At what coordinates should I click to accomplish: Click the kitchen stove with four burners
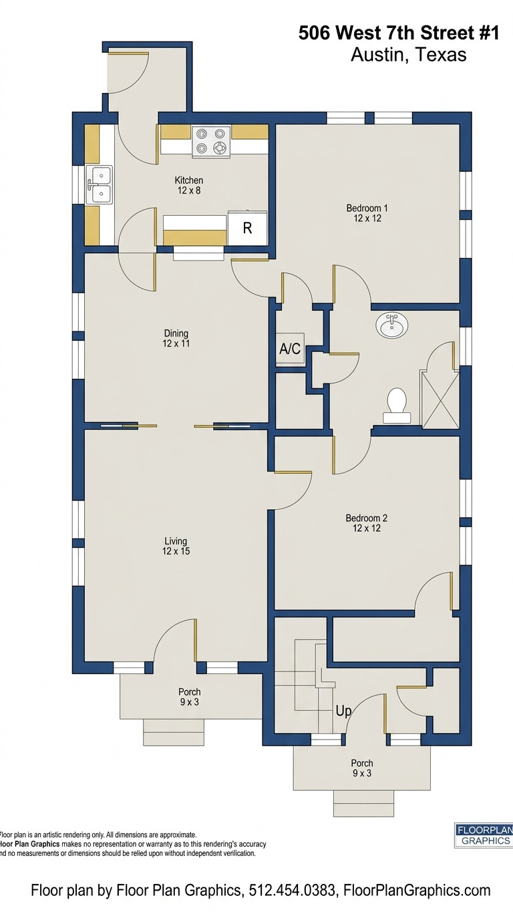(x=211, y=142)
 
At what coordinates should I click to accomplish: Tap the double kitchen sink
(x=99, y=185)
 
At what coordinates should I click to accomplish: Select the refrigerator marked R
(x=247, y=228)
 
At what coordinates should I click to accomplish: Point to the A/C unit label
(x=290, y=348)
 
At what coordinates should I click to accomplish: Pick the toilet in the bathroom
(x=397, y=404)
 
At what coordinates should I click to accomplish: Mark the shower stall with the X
(x=439, y=399)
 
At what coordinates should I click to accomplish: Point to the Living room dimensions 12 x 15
(x=176, y=551)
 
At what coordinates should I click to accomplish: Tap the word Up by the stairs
(x=343, y=711)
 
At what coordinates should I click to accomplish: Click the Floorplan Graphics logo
(x=484, y=835)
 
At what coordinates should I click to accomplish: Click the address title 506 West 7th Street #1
(x=399, y=33)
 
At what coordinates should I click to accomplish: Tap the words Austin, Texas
(x=408, y=55)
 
